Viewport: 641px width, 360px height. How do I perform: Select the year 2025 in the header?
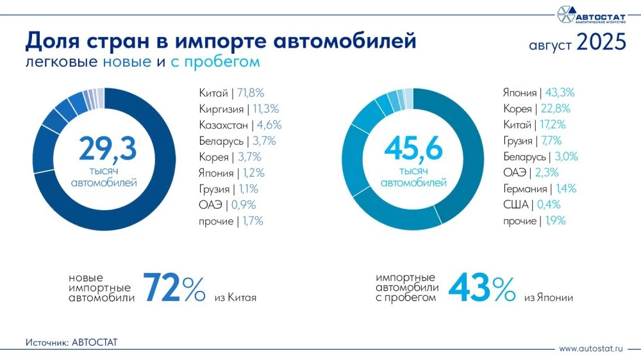click(x=601, y=43)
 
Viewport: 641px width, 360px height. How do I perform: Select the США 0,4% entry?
click(x=532, y=205)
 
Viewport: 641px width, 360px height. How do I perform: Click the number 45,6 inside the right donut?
click(x=413, y=149)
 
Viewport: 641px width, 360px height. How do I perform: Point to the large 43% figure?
click(x=481, y=288)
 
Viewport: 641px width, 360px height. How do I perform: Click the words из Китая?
click(x=235, y=298)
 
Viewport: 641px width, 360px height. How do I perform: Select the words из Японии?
click(x=548, y=298)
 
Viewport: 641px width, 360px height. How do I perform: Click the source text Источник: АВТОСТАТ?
click(x=72, y=343)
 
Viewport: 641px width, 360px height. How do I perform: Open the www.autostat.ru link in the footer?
click(x=591, y=349)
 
